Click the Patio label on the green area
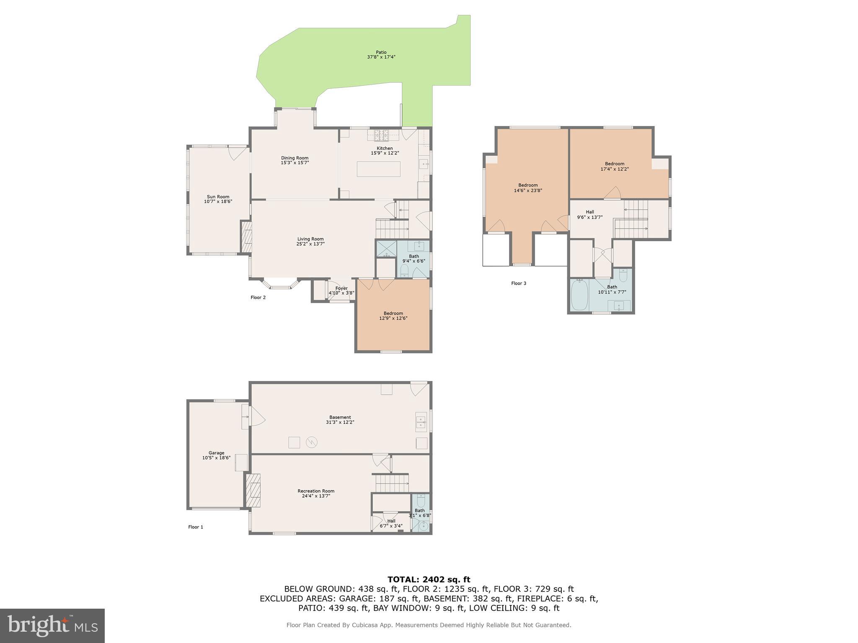(x=381, y=54)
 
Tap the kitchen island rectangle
(x=378, y=169)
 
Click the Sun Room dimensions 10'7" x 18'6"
(x=218, y=202)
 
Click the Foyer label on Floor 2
(x=341, y=288)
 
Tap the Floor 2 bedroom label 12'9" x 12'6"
(x=393, y=316)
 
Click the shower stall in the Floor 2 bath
(x=385, y=248)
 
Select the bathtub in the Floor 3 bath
(x=579, y=296)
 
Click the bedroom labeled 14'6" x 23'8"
(x=528, y=188)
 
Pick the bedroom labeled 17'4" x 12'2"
(x=615, y=166)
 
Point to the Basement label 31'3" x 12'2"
(x=340, y=420)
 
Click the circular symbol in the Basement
(x=311, y=442)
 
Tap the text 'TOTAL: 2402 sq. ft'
(x=429, y=580)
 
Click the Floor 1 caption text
(x=196, y=527)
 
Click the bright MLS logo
(x=52, y=625)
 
